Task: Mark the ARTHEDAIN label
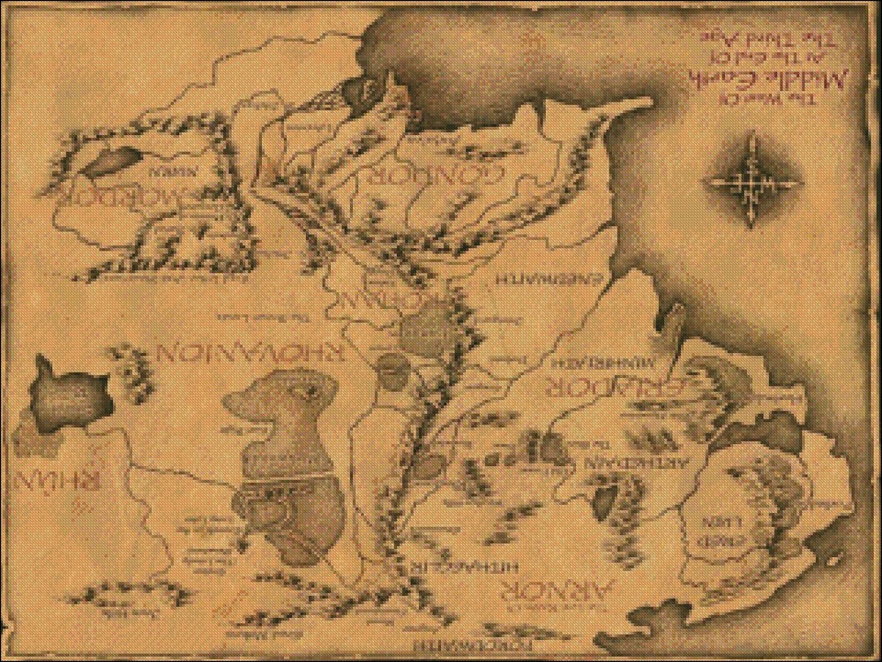(x=609, y=461)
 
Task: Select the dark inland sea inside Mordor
(x=106, y=162)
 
